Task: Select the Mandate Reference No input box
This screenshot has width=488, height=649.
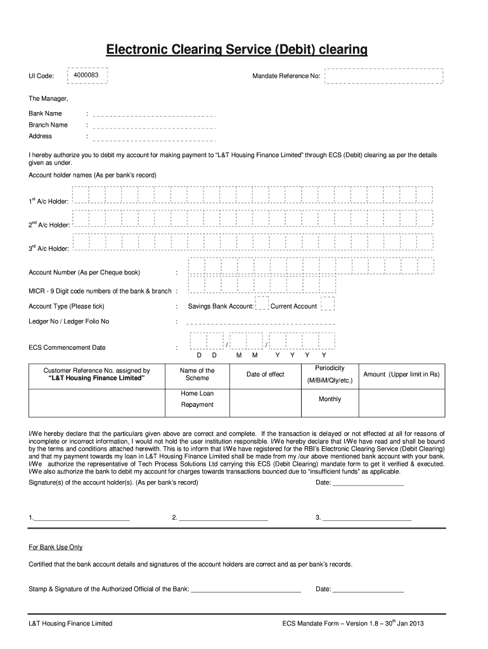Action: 383,76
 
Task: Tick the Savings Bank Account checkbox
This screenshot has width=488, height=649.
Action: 261,305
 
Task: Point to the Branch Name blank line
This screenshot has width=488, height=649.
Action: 155,125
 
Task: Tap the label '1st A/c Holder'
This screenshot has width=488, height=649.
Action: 48,201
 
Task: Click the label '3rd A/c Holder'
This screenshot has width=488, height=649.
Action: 48,248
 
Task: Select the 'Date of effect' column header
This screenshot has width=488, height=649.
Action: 266,375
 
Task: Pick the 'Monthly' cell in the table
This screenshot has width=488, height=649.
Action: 330,399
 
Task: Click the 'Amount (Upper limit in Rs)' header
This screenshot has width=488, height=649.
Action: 401,375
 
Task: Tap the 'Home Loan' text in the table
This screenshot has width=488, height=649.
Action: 197,394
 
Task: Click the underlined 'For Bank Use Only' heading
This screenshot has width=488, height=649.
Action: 56,547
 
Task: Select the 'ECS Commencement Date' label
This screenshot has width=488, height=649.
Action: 67,348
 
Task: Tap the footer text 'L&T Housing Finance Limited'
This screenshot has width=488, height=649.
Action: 70,624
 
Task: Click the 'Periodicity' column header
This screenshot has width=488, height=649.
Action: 330,368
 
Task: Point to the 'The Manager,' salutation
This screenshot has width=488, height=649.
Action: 48,100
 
